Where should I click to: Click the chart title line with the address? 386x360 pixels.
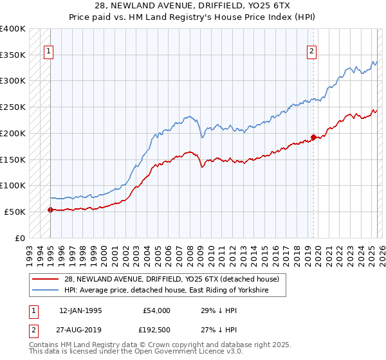click(x=193, y=6)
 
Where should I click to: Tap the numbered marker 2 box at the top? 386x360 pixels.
click(x=312, y=52)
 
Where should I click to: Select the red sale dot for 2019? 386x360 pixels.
click(x=313, y=137)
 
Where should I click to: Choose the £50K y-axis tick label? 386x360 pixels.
click(x=15, y=212)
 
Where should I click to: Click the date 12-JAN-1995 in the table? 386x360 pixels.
click(x=80, y=310)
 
